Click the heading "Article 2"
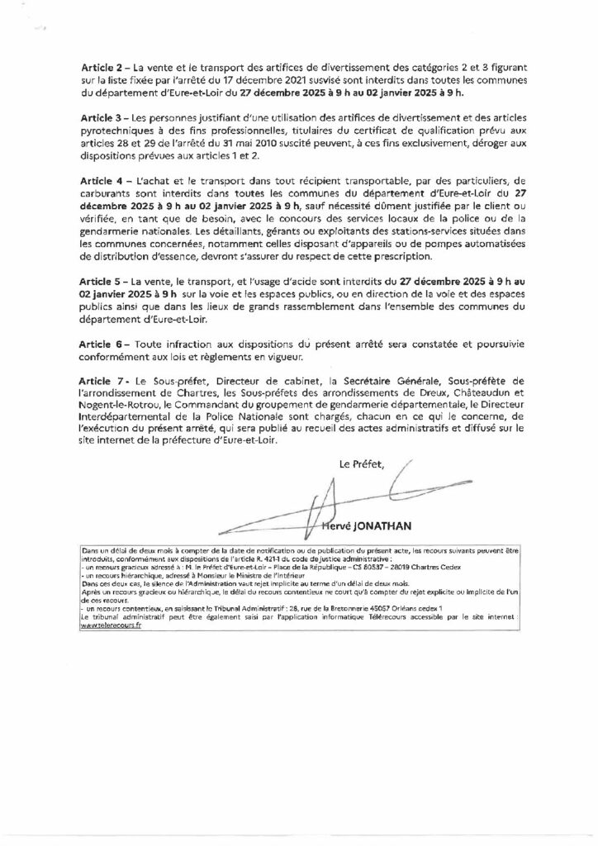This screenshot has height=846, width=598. pyautogui.click(x=104, y=64)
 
